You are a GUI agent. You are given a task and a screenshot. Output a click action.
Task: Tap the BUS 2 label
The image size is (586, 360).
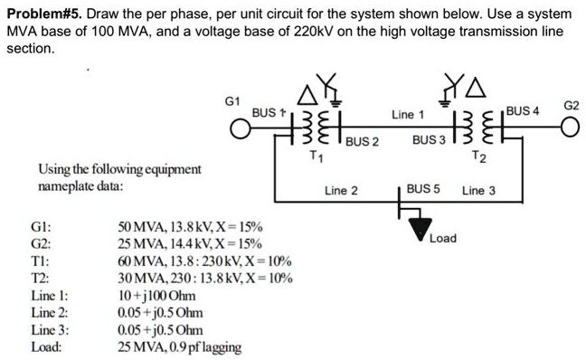tap(361, 142)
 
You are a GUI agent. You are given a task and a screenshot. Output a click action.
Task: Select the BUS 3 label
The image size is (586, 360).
tap(429, 142)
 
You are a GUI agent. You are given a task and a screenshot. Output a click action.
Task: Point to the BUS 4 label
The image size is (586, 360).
tap(523, 111)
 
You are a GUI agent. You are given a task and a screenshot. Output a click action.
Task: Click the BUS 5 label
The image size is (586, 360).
tap(422, 190)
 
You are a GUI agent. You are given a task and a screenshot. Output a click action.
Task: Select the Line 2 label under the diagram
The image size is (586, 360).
tap(341, 191)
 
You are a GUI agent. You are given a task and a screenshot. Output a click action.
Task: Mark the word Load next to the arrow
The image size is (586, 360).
tap(443, 239)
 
